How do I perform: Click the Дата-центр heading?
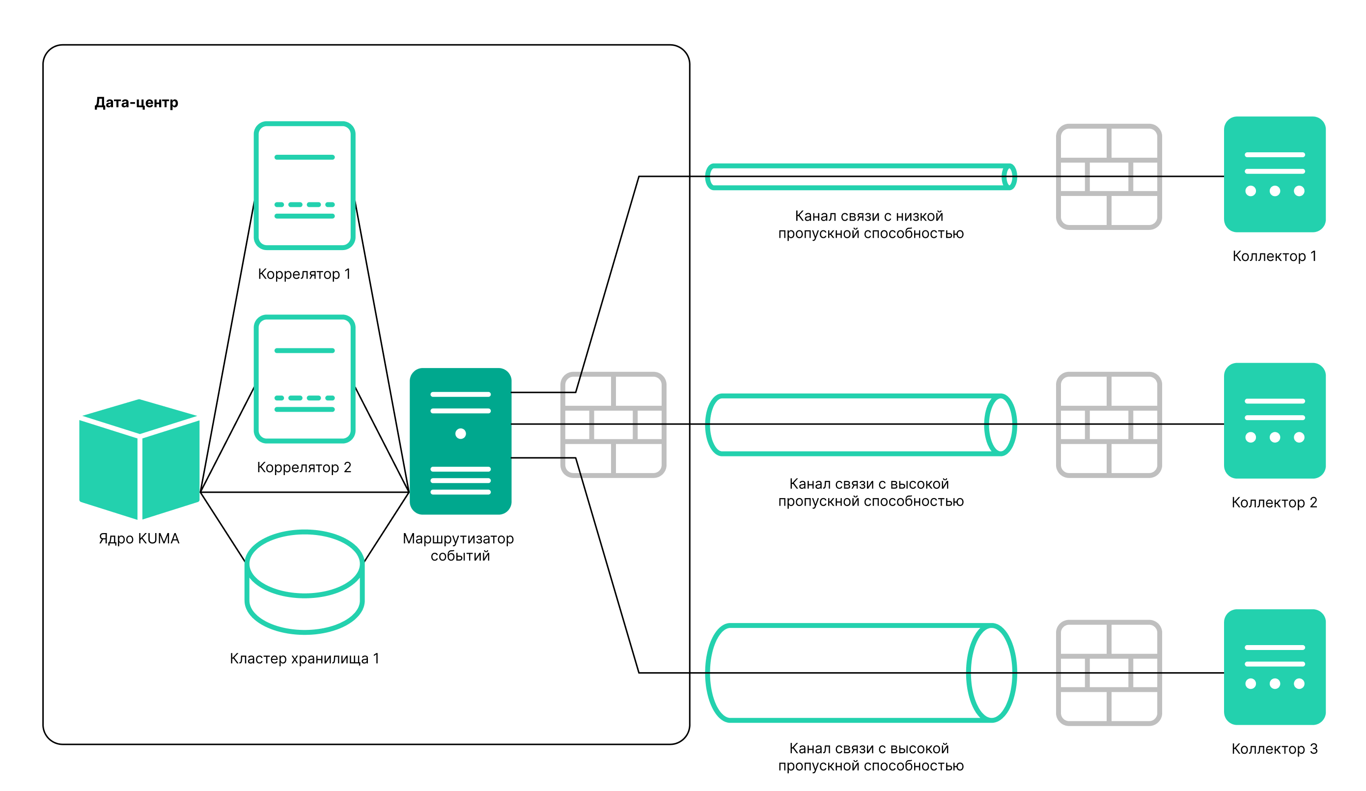coord(136,103)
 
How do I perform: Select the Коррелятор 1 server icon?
coord(304,185)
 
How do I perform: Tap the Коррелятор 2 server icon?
coord(304,378)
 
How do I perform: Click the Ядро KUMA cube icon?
coord(139,459)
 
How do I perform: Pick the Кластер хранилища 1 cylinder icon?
coord(304,582)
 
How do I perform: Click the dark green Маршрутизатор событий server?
coord(460,441)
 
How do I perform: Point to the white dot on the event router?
coord(460,433)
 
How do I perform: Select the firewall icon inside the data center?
coord(613,424)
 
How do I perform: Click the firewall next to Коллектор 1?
coord(1109,177)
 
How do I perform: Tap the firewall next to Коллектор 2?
coord(1109,424)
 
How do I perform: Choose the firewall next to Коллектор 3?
coord(1109,672)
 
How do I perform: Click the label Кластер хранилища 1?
coord(304,658)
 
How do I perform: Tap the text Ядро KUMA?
coord(139,538)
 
